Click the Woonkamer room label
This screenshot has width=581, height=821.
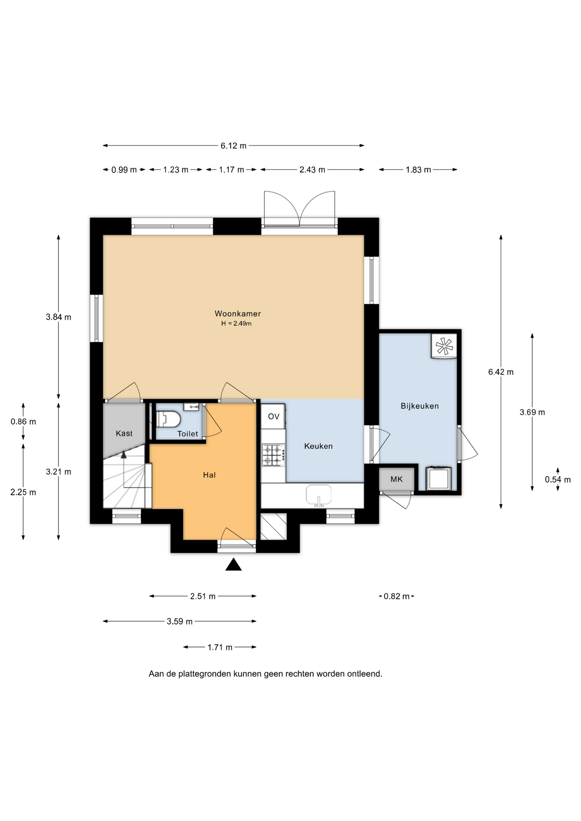coord(237,313)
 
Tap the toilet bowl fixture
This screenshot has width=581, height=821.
coord(168,419)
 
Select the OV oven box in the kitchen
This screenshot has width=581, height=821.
coord(273,416)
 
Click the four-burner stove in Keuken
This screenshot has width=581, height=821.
coord(273,455)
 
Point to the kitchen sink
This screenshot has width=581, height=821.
coord(318,495)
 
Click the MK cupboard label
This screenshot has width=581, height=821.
coord(397,479)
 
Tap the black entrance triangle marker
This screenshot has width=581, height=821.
coord(234,565)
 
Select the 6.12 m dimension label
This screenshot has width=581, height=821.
coord(234,146)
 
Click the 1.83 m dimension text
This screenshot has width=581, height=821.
coord(418,170)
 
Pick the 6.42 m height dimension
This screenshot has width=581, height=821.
coord(501,372)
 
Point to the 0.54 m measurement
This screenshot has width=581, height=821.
coord(557,479)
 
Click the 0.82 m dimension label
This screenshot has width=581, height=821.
coord(396,596)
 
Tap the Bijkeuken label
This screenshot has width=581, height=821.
coord(420,406)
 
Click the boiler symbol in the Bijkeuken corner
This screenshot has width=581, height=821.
coord(445,346)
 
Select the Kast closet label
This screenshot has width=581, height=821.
coord(124,433)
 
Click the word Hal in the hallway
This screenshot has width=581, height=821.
coord(209,475)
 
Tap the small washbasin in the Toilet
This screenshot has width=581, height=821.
coord(191,407)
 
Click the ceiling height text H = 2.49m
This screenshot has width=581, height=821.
coord(237,324)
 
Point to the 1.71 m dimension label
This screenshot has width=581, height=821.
coord(220,647)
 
